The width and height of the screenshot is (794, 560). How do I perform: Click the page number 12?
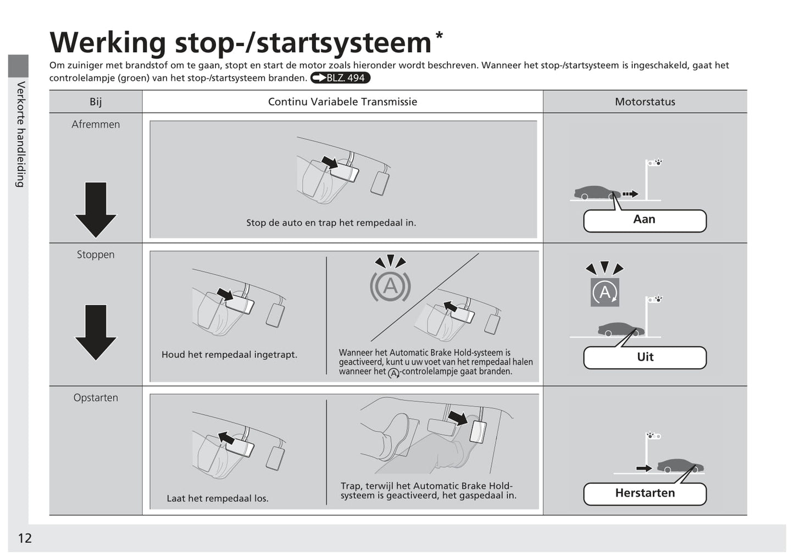pos(25,538)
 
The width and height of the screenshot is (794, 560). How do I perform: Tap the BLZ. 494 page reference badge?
pos(340,78)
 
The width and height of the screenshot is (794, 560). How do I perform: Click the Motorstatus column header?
pos(645,102)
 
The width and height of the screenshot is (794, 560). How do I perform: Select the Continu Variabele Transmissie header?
pos(342,102)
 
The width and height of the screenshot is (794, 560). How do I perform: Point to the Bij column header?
pos(96,102)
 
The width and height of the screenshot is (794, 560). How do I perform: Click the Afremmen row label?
pos(96,124)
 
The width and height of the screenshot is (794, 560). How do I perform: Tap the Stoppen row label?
pos(96,254)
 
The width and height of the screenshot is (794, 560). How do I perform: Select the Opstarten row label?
pos(96,397)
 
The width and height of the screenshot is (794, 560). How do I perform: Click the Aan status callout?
pos(645,220)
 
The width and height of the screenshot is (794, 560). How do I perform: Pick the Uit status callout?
pos(645,357)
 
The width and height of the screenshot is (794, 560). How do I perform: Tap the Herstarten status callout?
pos(645,494)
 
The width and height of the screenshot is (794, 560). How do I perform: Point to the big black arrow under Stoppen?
pos(96,332)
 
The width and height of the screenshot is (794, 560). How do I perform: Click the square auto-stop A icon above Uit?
pos(604,292)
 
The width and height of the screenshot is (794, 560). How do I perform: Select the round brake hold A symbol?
pos(390,286)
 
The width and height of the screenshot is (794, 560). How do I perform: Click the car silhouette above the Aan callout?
pos(596,193)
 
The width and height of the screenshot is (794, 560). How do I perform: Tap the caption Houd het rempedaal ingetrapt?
pos(229,355)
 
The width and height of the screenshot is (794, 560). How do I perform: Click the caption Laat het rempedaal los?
pos(218,498)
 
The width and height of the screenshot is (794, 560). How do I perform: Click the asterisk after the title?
pos(439,35)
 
